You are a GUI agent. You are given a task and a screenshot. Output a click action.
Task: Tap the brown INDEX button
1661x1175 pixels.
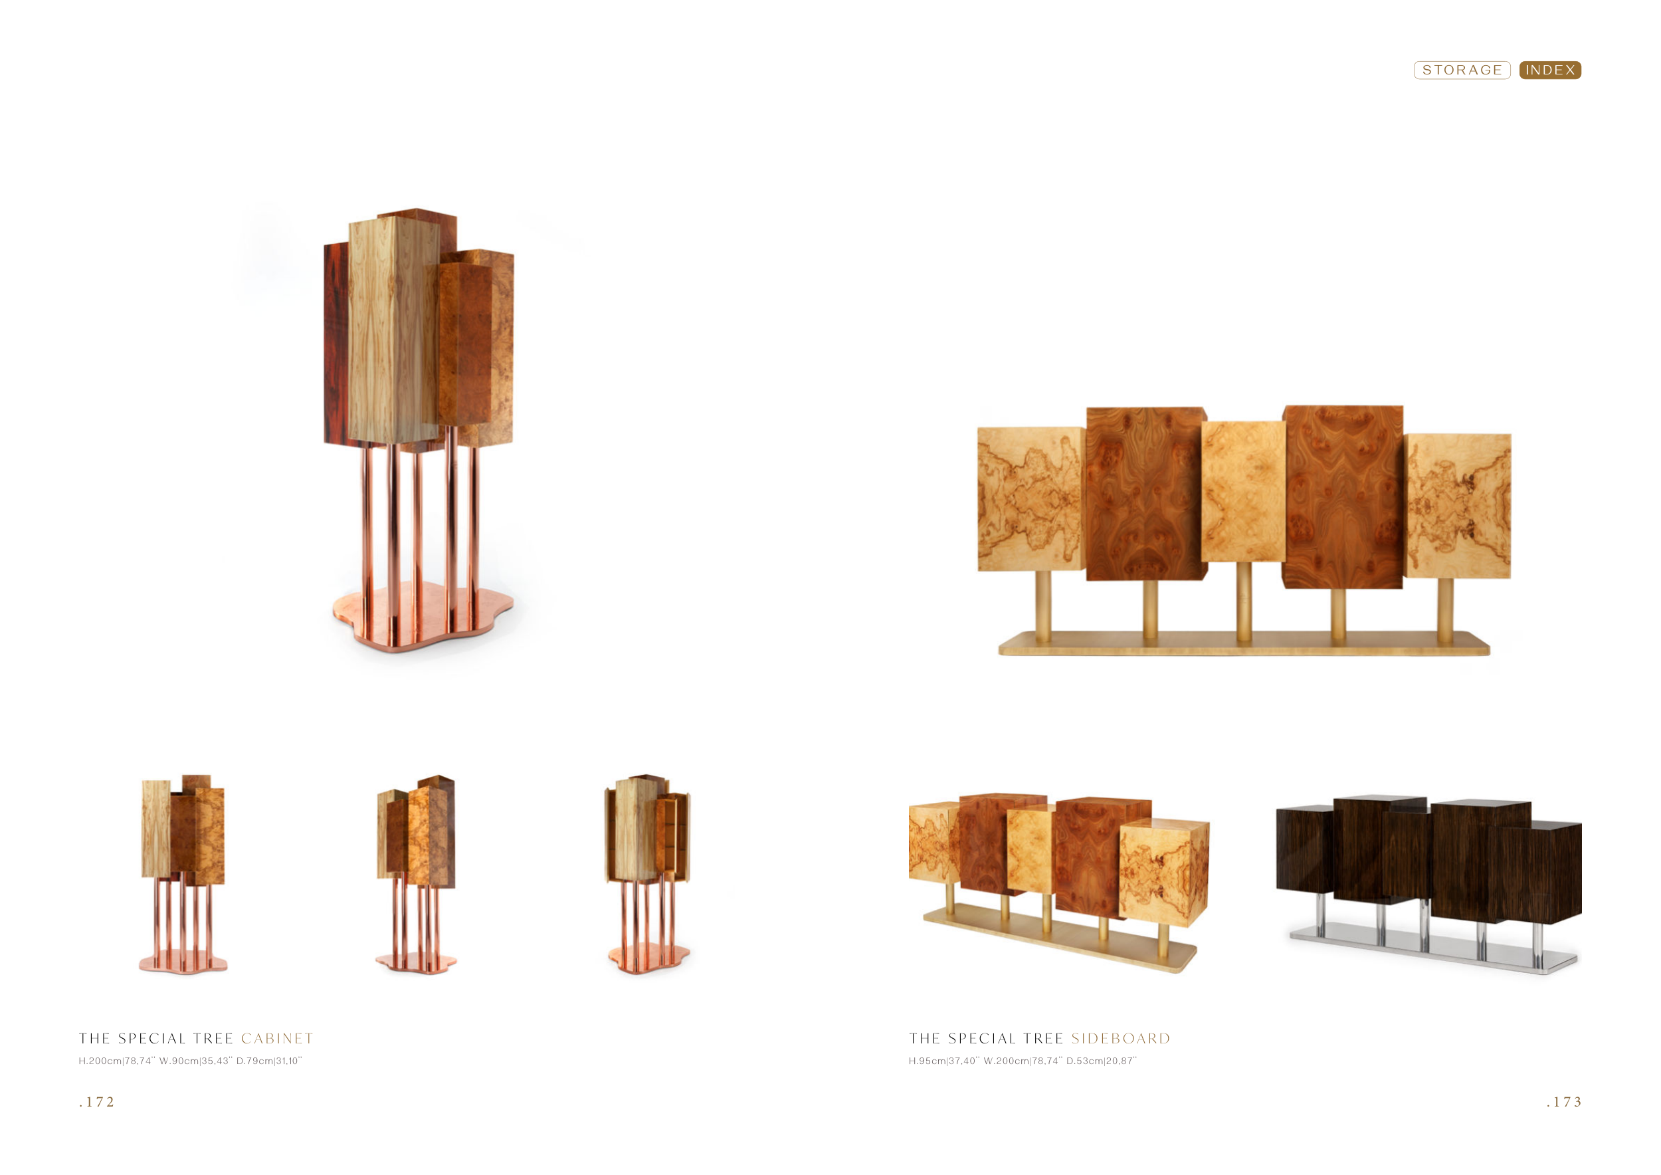(1549, 70)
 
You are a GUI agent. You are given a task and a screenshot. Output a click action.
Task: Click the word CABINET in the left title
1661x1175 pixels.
(277, 1039)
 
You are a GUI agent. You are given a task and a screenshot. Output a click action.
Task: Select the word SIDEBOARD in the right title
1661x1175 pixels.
(1121, 1039)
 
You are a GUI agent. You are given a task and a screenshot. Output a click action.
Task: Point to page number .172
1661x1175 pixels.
(97, 1102)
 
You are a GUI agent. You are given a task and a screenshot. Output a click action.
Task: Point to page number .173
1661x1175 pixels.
(1564, 1102)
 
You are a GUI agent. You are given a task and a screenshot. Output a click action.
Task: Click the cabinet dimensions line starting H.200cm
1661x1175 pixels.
(190, 1061)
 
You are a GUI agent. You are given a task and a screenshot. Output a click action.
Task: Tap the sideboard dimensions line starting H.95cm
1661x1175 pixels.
(1023, 1061)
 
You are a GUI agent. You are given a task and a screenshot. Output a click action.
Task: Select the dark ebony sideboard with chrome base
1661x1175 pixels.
(1428, 883)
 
